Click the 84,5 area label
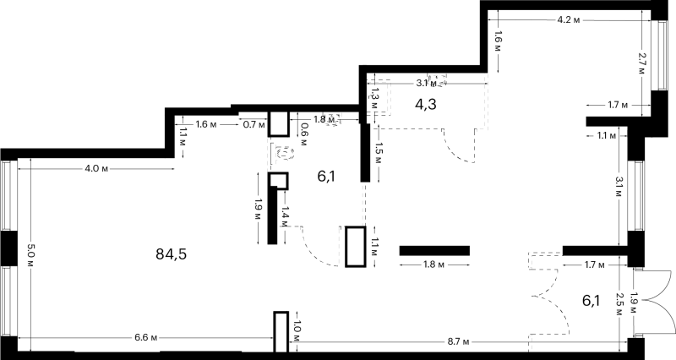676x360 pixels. click(172, 254)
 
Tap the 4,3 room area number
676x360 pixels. click(426, 104)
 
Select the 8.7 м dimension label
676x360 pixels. click(458, 342)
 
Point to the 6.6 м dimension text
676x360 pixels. click(145, 337)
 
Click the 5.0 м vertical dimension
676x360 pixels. click(30, 255)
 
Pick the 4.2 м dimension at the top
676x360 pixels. click(569, 19)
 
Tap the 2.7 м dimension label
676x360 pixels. click(642, 63)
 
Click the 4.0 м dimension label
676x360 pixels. click(96, 168)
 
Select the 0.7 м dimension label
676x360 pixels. click(253, 125)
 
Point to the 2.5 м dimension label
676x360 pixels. click(619, 304)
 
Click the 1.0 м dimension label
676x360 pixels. click(297, 330)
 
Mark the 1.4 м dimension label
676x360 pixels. click(285, 217)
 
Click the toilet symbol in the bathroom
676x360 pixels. click(285, 153)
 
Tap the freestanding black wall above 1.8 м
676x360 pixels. click(434, 250)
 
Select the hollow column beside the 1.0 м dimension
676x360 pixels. click(281, 332)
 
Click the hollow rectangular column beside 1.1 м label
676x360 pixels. click(356, 246)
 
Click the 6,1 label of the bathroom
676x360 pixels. click(326, 176)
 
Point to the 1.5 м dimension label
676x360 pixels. click(378, 154)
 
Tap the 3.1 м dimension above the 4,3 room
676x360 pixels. click(427, 83)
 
